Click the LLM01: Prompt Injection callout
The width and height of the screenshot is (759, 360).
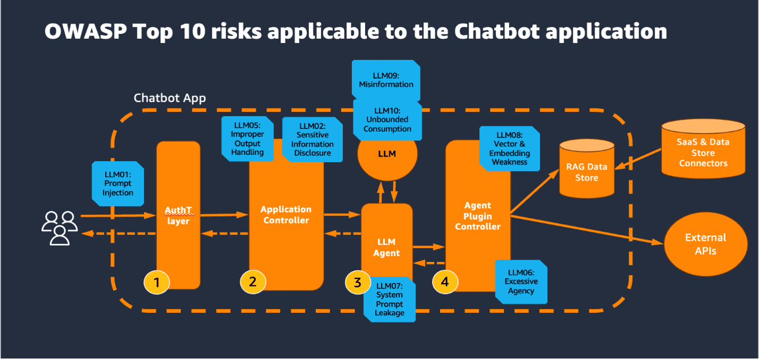tap(117, 183)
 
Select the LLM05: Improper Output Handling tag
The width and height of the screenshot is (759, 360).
tap(247, 139)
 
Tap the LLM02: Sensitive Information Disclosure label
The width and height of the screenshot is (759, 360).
tap(312, 139)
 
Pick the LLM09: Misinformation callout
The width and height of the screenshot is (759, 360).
tap(386, 80)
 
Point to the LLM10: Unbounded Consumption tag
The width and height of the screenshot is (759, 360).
tap(388, 119)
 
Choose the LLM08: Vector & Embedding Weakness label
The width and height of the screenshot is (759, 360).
tap(510, 149)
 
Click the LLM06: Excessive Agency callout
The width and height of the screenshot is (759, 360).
tap(521, 281)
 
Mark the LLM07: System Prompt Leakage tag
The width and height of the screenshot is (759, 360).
tap(389, 299)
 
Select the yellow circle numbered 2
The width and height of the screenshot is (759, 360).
tap(253, 282)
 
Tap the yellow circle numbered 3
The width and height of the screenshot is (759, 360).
tap(357, 282)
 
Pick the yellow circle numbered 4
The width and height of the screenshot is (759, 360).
tap(445, 282)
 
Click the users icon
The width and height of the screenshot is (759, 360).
tap(59, 228)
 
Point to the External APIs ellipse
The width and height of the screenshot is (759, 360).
tap(705, 244)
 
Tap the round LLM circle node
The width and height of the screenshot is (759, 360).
tap(387, 154)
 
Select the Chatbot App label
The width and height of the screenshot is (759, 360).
tap(169, 98)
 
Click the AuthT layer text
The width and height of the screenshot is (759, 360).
tap(178, 216)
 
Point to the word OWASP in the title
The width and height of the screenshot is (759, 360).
tap(83, 32)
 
